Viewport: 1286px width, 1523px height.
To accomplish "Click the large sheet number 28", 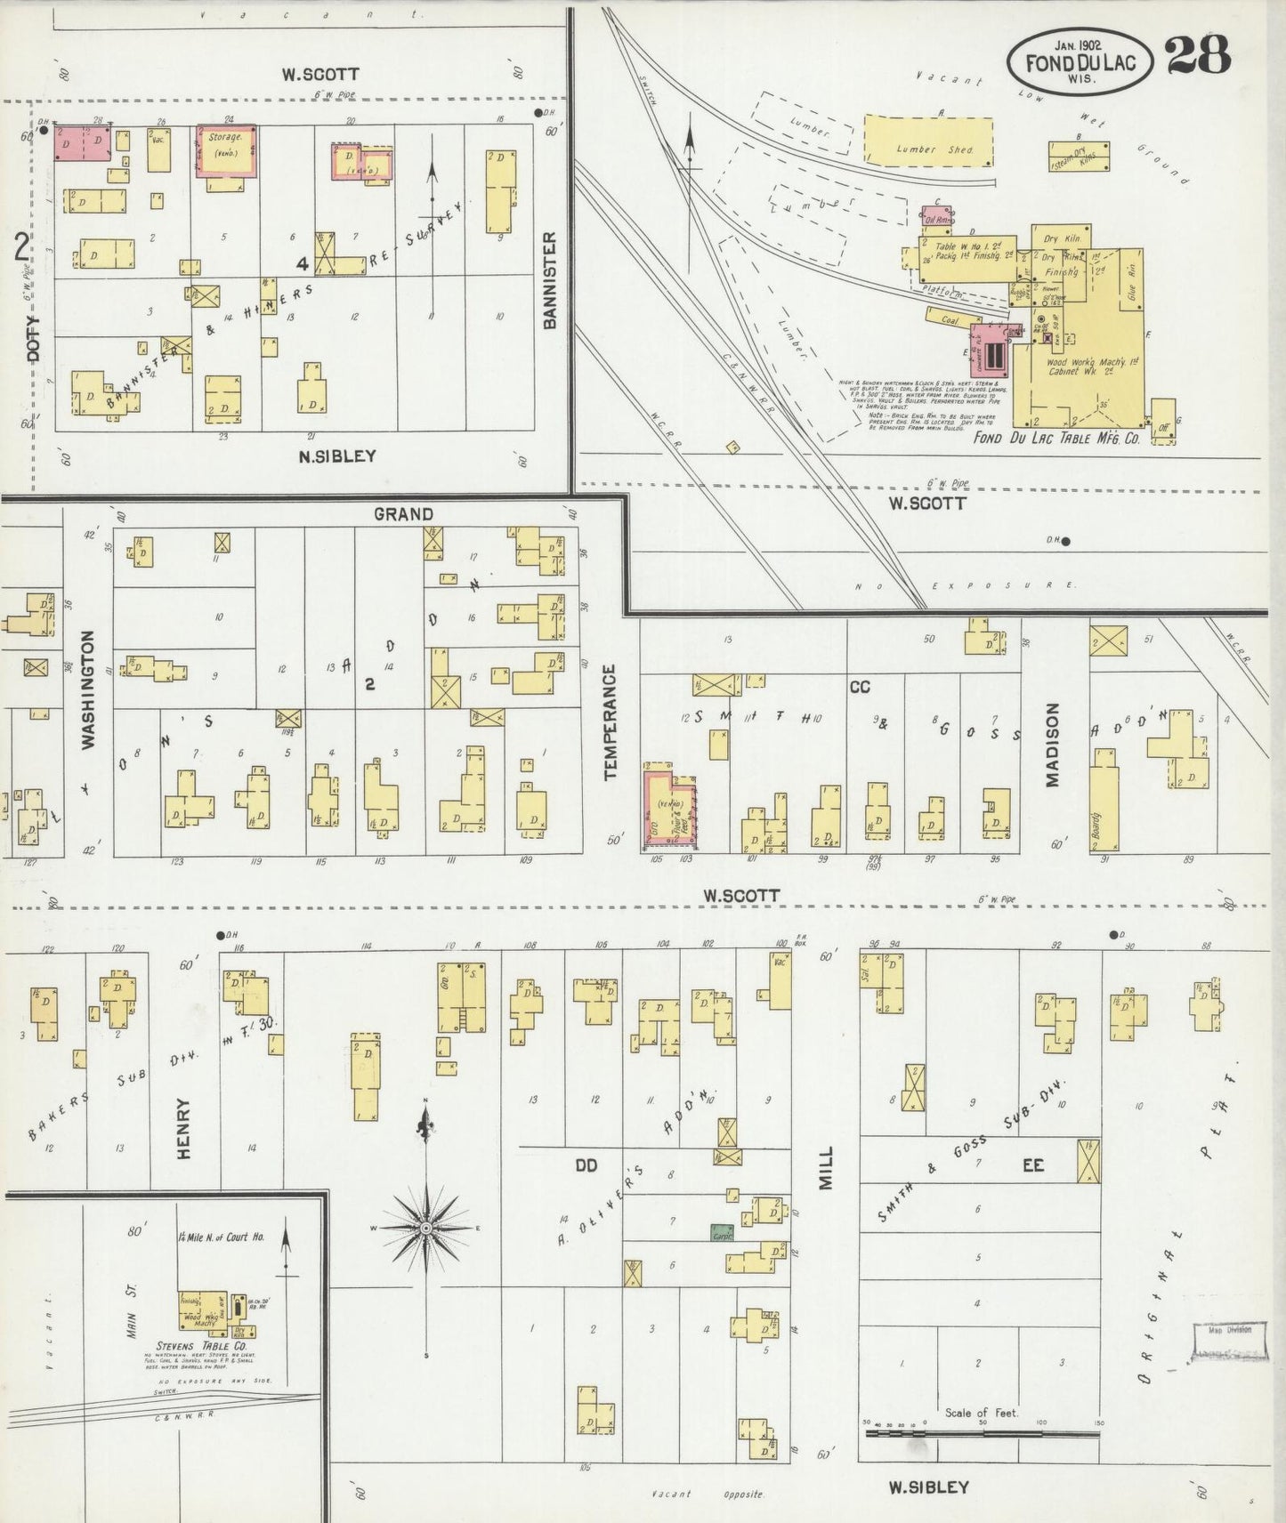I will point(1198,55).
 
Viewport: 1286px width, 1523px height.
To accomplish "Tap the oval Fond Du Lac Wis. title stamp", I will point(1079,61).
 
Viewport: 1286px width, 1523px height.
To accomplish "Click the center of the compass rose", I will point(426,1228).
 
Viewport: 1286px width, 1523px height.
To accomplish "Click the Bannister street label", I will point(550,281).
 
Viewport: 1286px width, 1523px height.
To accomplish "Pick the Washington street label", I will point(88,689).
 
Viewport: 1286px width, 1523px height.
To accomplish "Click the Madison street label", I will point(1053,745).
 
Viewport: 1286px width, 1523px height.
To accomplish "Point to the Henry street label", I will point(184,1128).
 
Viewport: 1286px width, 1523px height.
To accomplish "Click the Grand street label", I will point(403,514).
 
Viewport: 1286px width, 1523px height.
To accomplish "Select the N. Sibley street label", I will point(336,456).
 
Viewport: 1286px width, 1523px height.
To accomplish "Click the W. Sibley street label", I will point(928,1487).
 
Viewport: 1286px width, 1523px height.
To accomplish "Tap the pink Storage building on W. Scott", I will point(226,149).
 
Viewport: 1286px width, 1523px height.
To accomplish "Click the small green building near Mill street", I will point(722,1232).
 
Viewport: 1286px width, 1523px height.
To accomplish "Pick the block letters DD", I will point(586,1165).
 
